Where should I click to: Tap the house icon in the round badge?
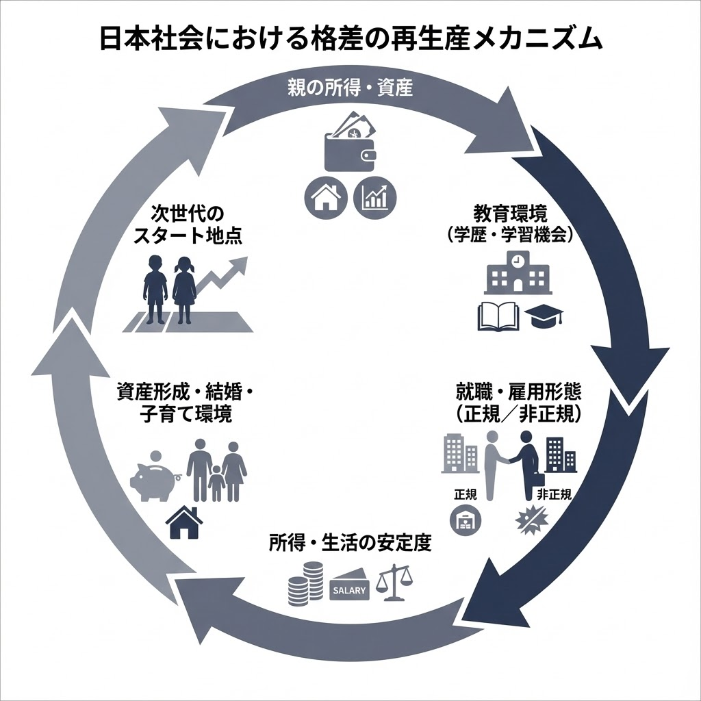pyautogui.click(x=325, y=198)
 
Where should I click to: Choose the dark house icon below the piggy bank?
pyautogui.click(x=184, y=523)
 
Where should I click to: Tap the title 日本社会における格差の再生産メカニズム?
pyautogui.click(x=350, y=39)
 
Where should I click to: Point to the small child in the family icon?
pyautogui.click(x=216, y=482)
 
